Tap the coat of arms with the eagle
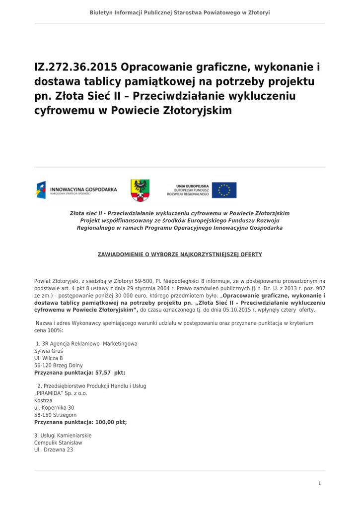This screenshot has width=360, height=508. [x=140, y=190]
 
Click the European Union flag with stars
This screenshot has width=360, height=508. [x=224, y=190]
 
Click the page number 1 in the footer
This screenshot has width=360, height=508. [x=319, y=483]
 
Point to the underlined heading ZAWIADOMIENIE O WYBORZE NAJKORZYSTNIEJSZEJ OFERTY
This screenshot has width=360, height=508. [x=180, y=254]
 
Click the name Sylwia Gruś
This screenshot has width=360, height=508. [x=48, y=351]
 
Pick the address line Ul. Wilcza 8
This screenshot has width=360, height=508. [x=49, y=358]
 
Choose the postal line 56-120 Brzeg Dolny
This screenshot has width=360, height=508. [x=59, y=366]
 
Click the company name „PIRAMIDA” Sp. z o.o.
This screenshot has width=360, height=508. [x=61, y=393]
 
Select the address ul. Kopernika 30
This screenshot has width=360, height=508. [x=54, y=408]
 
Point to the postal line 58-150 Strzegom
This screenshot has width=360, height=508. [x=56, y=415]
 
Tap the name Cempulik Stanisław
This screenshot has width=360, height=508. [x=58, y=443]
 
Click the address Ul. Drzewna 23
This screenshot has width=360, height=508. [x=54, y=450]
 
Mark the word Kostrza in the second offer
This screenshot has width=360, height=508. [x=43, y=400]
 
